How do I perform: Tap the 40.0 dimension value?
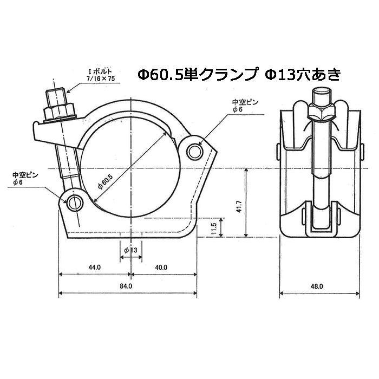[x=161, y=267]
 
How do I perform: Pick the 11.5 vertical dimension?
[x=214, y=227]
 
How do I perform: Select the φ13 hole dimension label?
[x=130, y=250]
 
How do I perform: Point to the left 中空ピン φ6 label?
[x=24, y=178]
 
